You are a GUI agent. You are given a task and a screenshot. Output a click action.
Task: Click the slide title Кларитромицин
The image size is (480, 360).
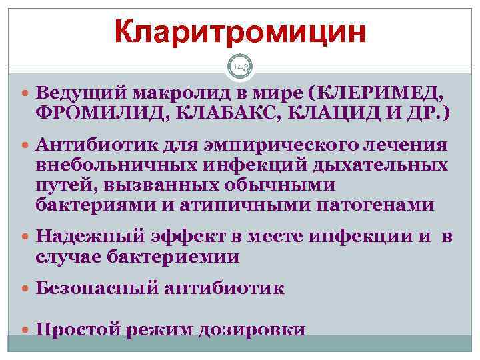tap(240, 31)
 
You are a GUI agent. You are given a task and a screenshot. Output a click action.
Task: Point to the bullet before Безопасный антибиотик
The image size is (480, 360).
tap(25, 289)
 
